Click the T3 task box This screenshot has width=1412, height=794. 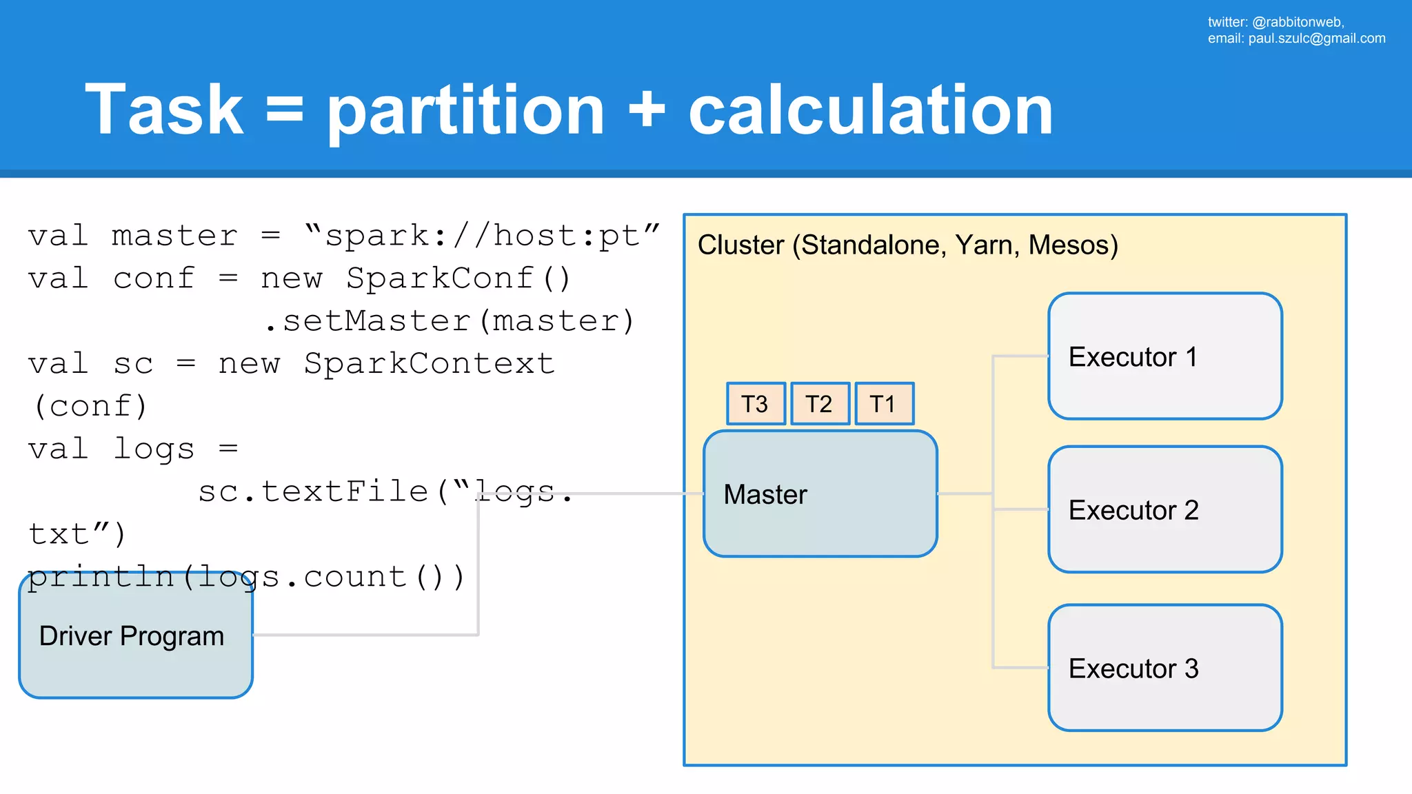click(756, 404)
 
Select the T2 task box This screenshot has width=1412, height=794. click(819, 404)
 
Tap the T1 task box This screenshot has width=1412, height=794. click(884, 404)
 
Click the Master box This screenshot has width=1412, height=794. click(819, 494)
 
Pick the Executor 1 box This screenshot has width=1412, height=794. click(1164, 356)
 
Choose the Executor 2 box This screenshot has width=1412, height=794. click(1164, 509)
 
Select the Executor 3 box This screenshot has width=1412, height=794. click(1164, 668)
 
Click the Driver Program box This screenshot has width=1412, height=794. click(136, 635)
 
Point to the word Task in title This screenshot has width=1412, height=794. click(164, 110)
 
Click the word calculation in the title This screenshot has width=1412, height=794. click(870, 110)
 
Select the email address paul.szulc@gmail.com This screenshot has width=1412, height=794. click(1316, 39)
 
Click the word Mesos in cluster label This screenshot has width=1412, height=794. click(1072, 245)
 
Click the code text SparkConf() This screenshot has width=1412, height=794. click(458, 279)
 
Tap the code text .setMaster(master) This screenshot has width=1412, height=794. click(449, 322)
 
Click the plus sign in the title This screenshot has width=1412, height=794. click(646, 110)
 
